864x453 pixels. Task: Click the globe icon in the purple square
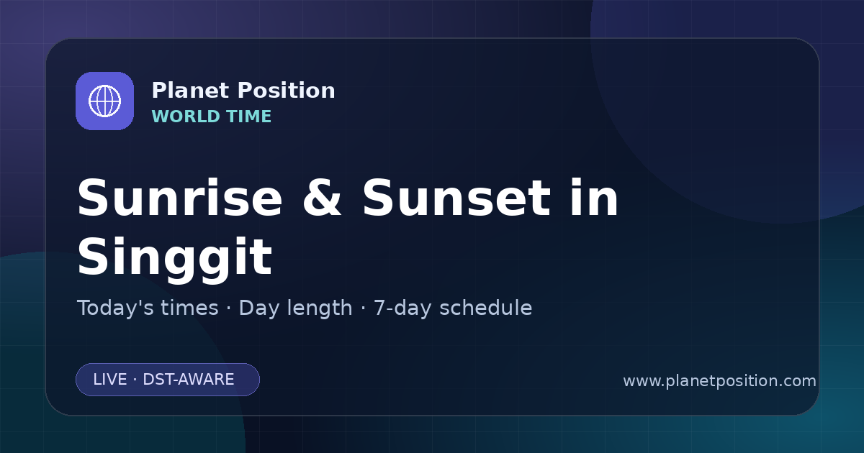pyautogui.click(x=104, y=101)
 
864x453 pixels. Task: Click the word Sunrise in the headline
pyautogui.click(x=180, y=198)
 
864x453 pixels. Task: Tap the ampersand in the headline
pyautogui.click(x=322, y=198)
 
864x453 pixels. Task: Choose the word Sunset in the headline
pyautogui.click(x=456, y=198)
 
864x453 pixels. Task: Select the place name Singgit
pyautogui.click(x=175, y=257)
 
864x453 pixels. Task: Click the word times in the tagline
pyautogui.click(x=189, y=308)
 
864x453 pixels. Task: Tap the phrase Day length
pyautogui.click(x=295, y=308)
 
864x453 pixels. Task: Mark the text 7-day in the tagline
pyautogui.click(x=402, y=308)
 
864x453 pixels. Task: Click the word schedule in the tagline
pyautogui.click(x=485, y=308)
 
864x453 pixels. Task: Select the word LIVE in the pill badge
pyautogui.click(x=110, y=380)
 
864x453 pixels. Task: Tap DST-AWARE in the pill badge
pyautogui.click(x=188, y=380)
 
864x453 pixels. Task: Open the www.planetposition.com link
pyautogui.click(x=719, y=381)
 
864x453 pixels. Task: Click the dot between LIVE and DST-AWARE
pyautogui.click(x=135, y=380)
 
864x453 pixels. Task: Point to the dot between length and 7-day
pyautogui.click(x=363, y=308)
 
